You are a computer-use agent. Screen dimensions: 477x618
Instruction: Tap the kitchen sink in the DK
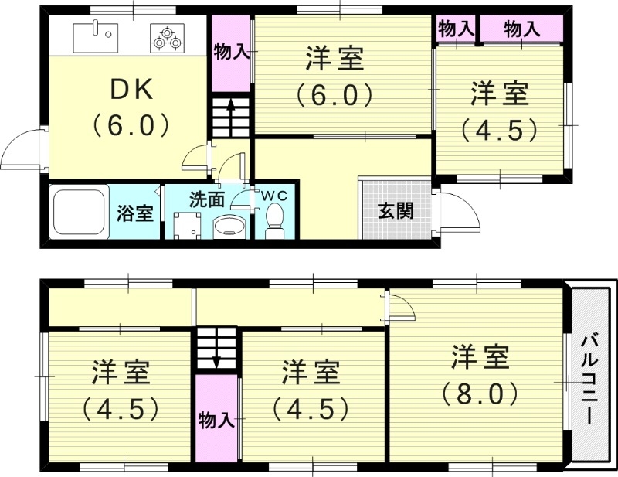pos(95,35)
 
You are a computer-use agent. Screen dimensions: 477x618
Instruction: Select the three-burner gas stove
pos(168,36)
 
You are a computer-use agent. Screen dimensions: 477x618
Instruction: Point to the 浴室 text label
pos(134,214)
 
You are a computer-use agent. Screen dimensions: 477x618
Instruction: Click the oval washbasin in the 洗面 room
pos(229,227)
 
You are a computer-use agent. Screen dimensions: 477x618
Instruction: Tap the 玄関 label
pos(395,211)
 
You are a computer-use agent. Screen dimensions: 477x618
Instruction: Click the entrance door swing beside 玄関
pos(455,210)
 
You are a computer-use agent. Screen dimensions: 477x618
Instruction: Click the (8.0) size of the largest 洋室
pos(480,394)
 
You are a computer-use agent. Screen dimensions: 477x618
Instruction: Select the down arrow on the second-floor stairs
pos(216,352)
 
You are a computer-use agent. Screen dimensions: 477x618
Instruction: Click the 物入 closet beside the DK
pos(230,52)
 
